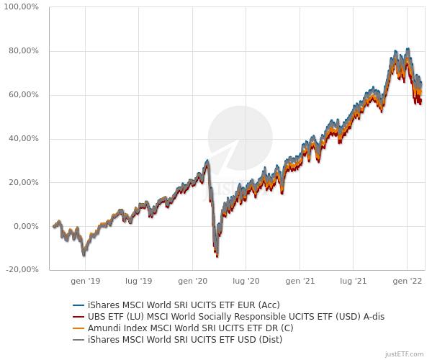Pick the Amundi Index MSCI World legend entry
(x=192, y=328)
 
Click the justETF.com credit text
(x=405, y=354)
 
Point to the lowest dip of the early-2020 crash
(x=217, y=256)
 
